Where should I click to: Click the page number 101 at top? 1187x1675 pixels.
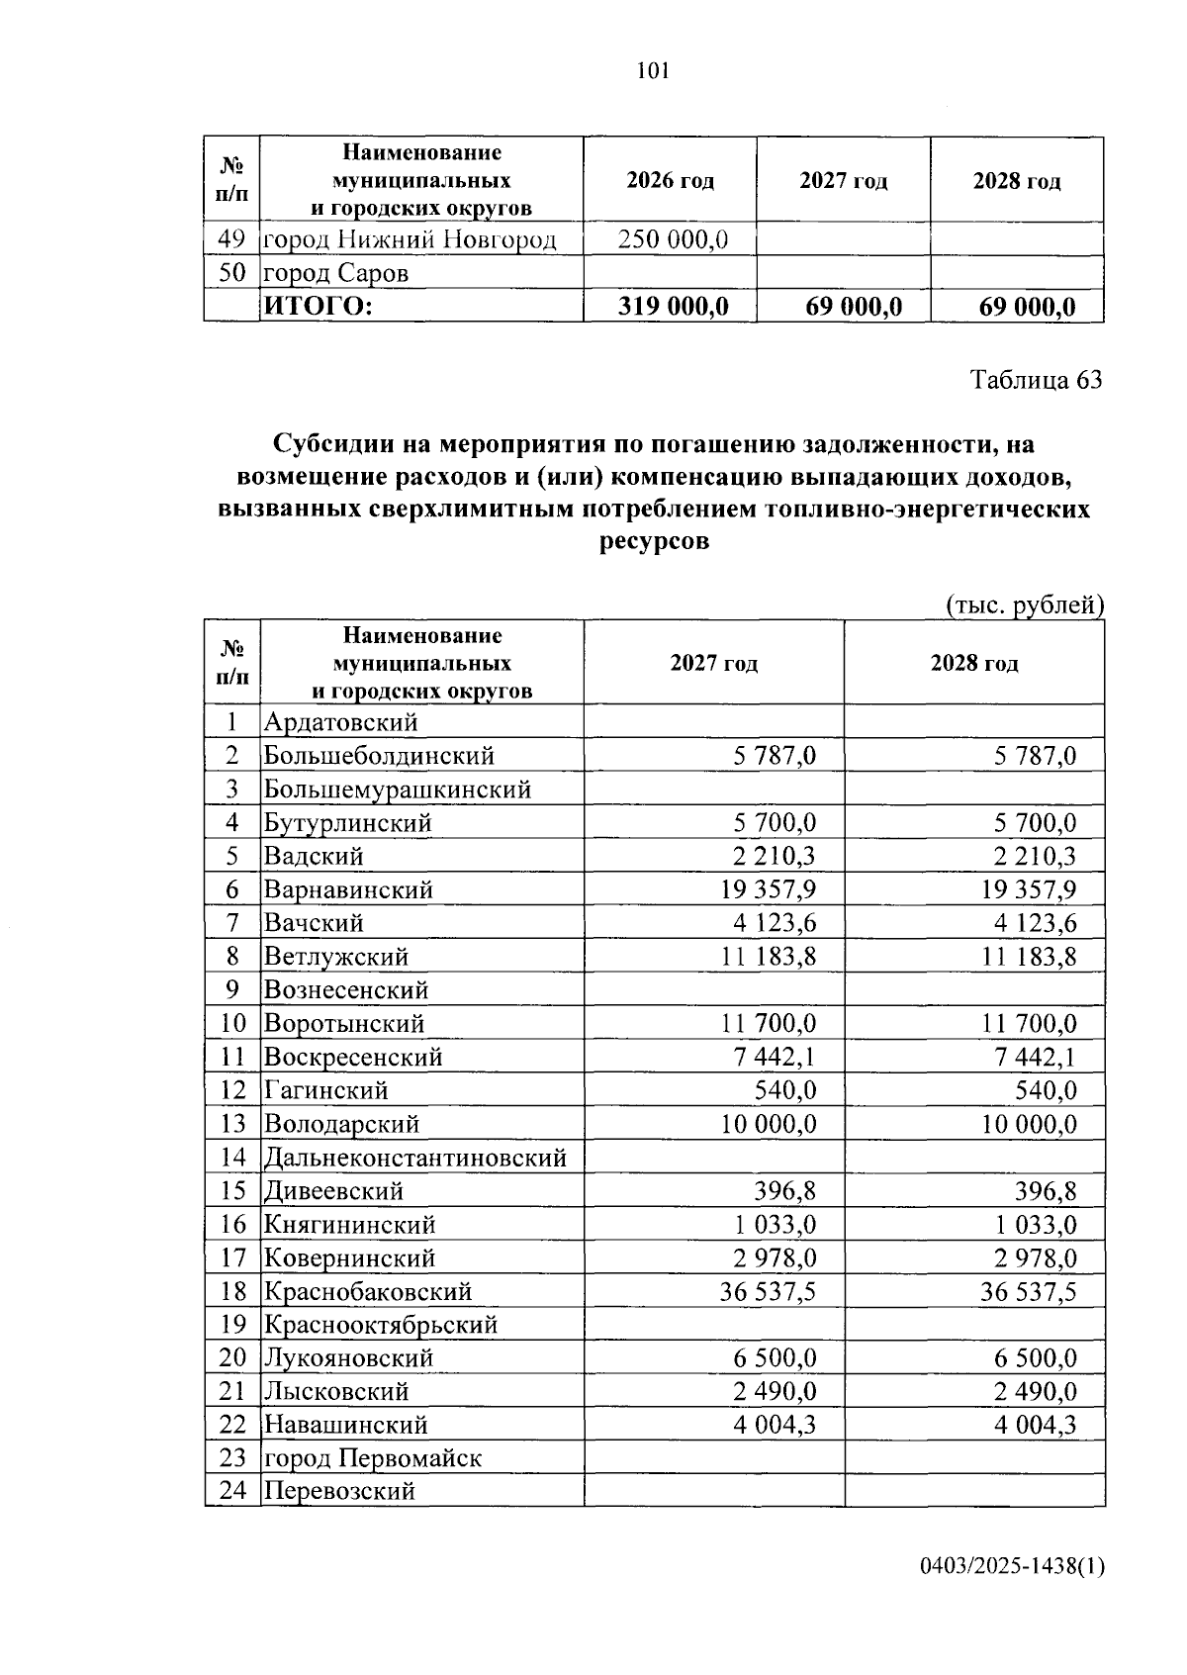654,70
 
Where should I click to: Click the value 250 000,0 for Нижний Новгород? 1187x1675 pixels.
673,239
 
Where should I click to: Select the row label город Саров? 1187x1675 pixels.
335,273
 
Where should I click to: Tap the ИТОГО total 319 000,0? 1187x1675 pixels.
673,307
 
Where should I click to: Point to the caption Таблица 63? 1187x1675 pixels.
1036,380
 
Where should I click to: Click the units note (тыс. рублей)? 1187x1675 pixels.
1024,605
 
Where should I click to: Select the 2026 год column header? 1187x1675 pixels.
670,181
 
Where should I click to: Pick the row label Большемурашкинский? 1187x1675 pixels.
397,790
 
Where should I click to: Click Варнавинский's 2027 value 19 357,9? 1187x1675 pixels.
769,889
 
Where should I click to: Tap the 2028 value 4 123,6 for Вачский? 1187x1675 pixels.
1029,923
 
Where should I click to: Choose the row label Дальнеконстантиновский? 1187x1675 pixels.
414,1158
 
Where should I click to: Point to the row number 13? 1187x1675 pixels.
232,1124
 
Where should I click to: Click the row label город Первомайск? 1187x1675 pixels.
372,1458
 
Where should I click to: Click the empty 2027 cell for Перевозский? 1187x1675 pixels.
713,1491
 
